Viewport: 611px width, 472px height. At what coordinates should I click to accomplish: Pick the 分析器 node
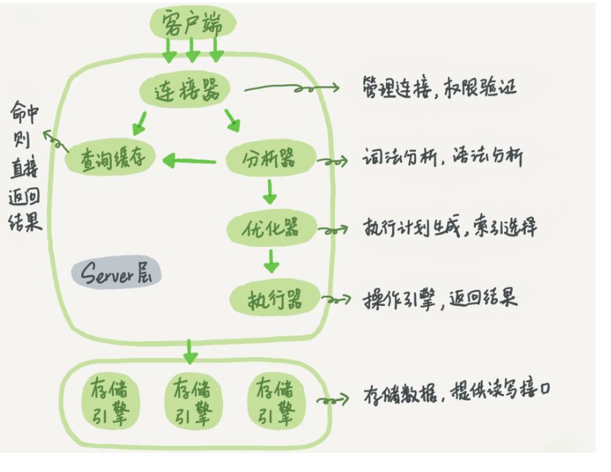pyautogui.click(x=271, y=161)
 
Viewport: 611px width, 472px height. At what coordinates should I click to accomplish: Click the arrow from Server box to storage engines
pyautogui.click(x=191, y=355)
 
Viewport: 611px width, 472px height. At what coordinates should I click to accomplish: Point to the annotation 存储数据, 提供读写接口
pyautogui.click(x=458, y=396)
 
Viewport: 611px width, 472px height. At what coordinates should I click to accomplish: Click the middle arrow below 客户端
pyautogui.click(x=193, y=49)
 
